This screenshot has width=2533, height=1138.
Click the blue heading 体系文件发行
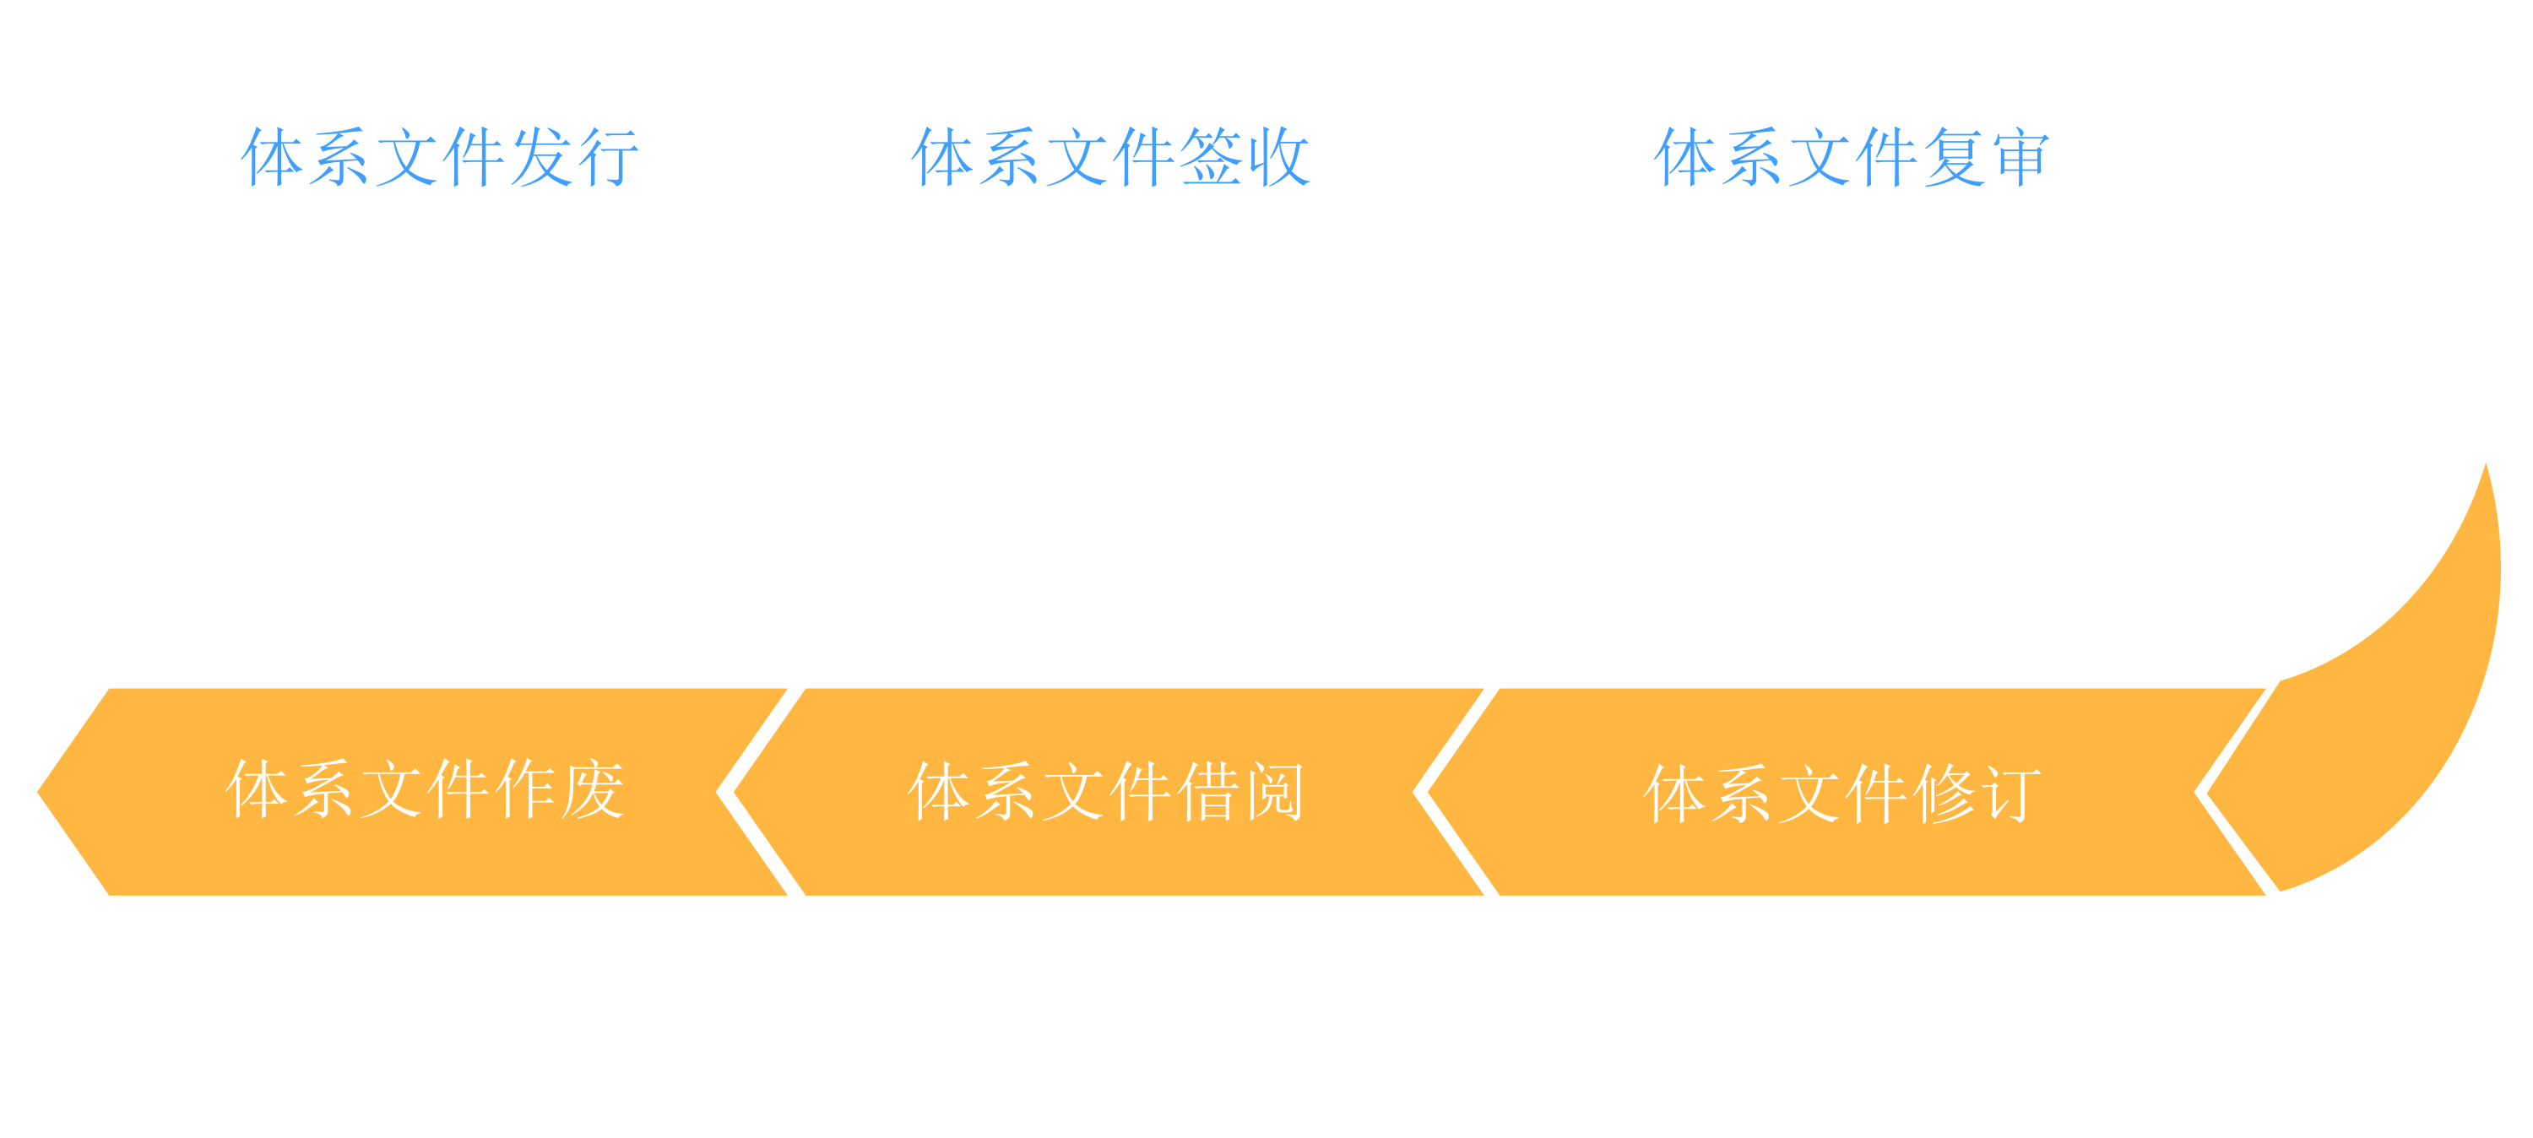440,156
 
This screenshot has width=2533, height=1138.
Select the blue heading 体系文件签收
1110,156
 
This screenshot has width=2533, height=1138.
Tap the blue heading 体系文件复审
1852,156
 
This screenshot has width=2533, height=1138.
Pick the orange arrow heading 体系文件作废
425,790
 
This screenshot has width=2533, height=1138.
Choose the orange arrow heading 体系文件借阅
1106,792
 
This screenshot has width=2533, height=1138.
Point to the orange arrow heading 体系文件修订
1841,794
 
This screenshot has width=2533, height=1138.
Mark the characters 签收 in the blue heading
1245,156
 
